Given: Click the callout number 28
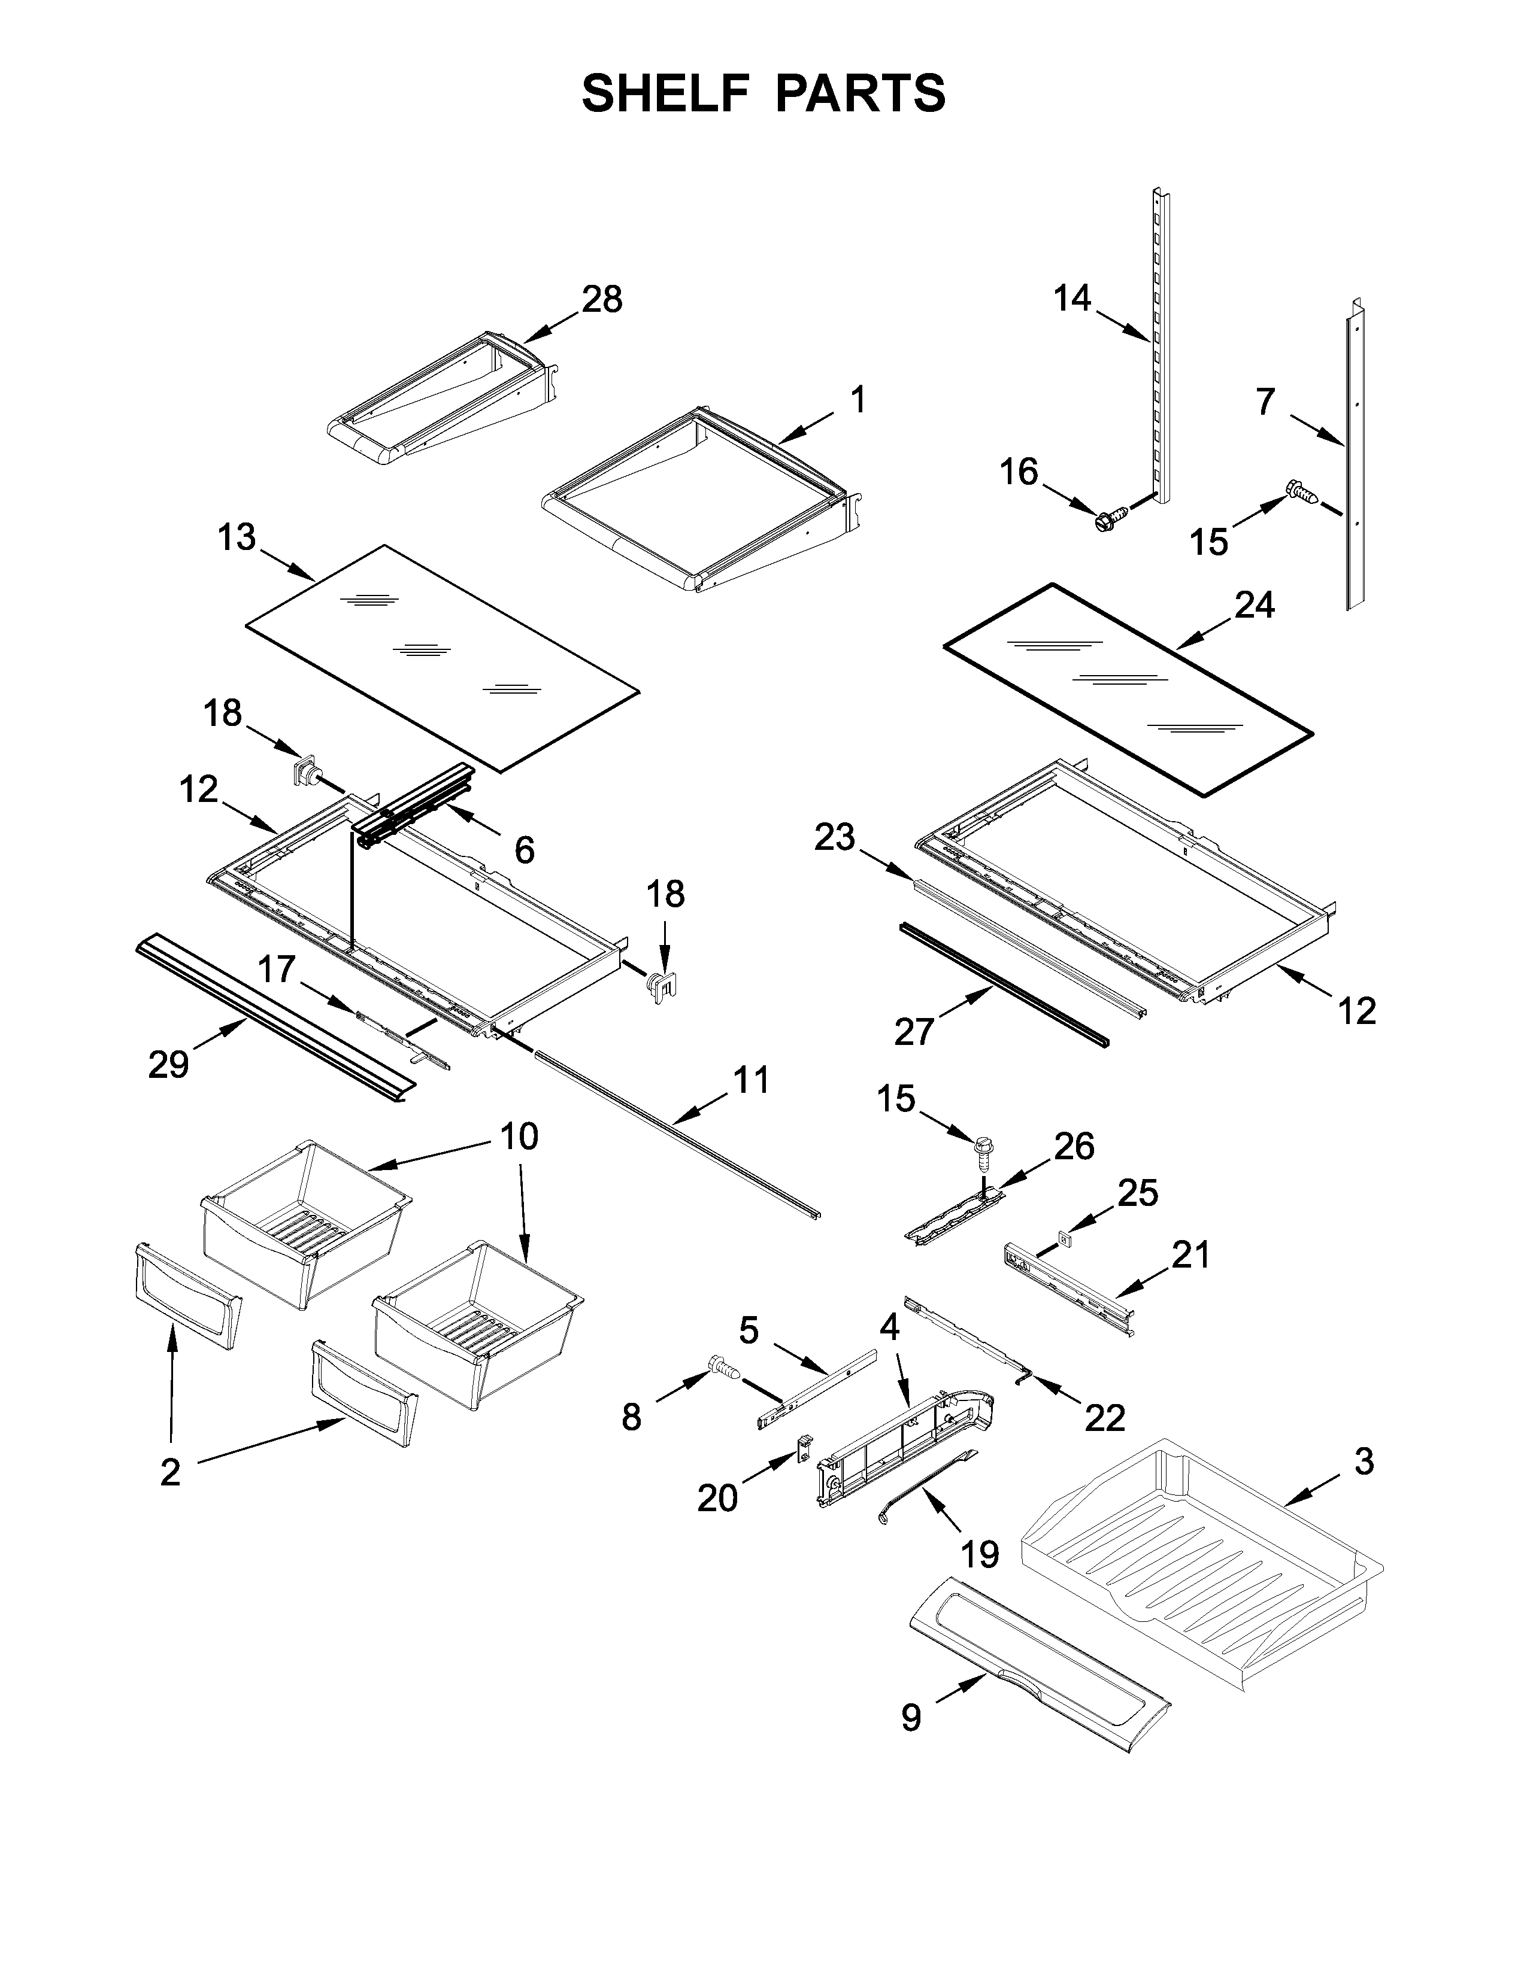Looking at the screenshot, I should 602,299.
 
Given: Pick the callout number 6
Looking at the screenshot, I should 524,849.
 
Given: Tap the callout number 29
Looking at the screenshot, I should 168,1064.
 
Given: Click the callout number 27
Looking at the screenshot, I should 914,1031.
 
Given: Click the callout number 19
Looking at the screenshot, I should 979,1554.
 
